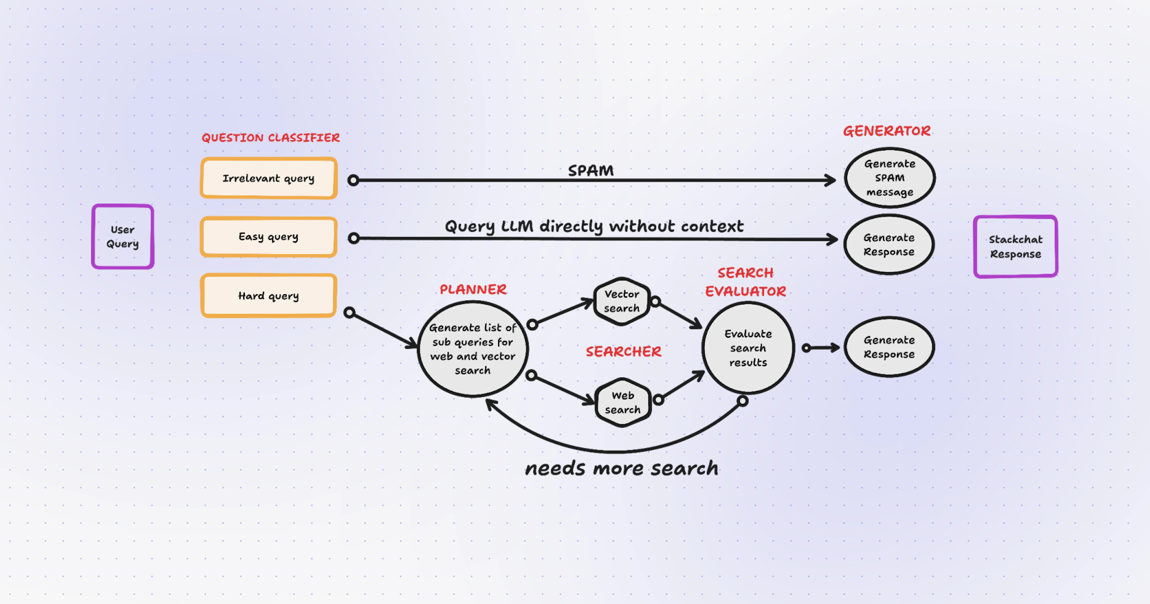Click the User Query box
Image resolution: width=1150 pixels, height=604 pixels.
click(123, 237)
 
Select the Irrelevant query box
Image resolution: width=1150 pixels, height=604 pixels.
click(268, 178)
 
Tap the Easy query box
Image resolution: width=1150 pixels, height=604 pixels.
click(268, 237)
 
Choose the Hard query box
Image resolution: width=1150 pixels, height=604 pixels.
click(268, 296)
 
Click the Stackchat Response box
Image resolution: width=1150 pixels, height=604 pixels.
click(1015, 247)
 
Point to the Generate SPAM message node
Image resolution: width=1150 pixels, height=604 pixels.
click(889, 178)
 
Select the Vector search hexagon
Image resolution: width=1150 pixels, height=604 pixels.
click(621, 301)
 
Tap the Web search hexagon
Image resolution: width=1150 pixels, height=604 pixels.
click(622, 402)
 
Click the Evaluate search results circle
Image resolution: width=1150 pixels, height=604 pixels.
click(748, 348)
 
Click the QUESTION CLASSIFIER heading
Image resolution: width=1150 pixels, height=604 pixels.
click(270, 138)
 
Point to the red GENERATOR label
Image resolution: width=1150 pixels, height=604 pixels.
click(887, 131)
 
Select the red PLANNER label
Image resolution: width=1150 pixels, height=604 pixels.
click(473, 290)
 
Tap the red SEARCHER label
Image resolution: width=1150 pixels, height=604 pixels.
click(623, 352)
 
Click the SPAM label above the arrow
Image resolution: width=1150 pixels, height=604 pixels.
click(591, 170)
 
